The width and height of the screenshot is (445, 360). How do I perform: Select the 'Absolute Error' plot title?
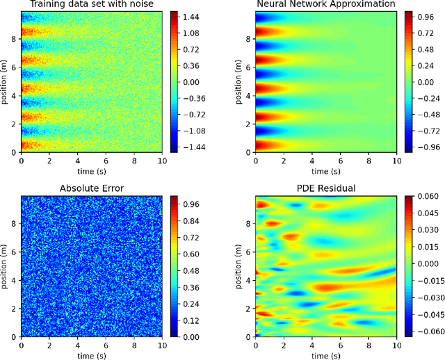tap(90, 188)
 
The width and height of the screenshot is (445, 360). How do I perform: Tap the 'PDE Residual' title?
tap(325, 188)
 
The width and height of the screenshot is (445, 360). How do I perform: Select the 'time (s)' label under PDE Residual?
tap(325, 354)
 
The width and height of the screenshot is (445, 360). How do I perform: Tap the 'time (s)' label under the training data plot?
tap(90, 170)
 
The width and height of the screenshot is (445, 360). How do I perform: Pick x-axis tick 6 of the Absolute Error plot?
tap(104, 345)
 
